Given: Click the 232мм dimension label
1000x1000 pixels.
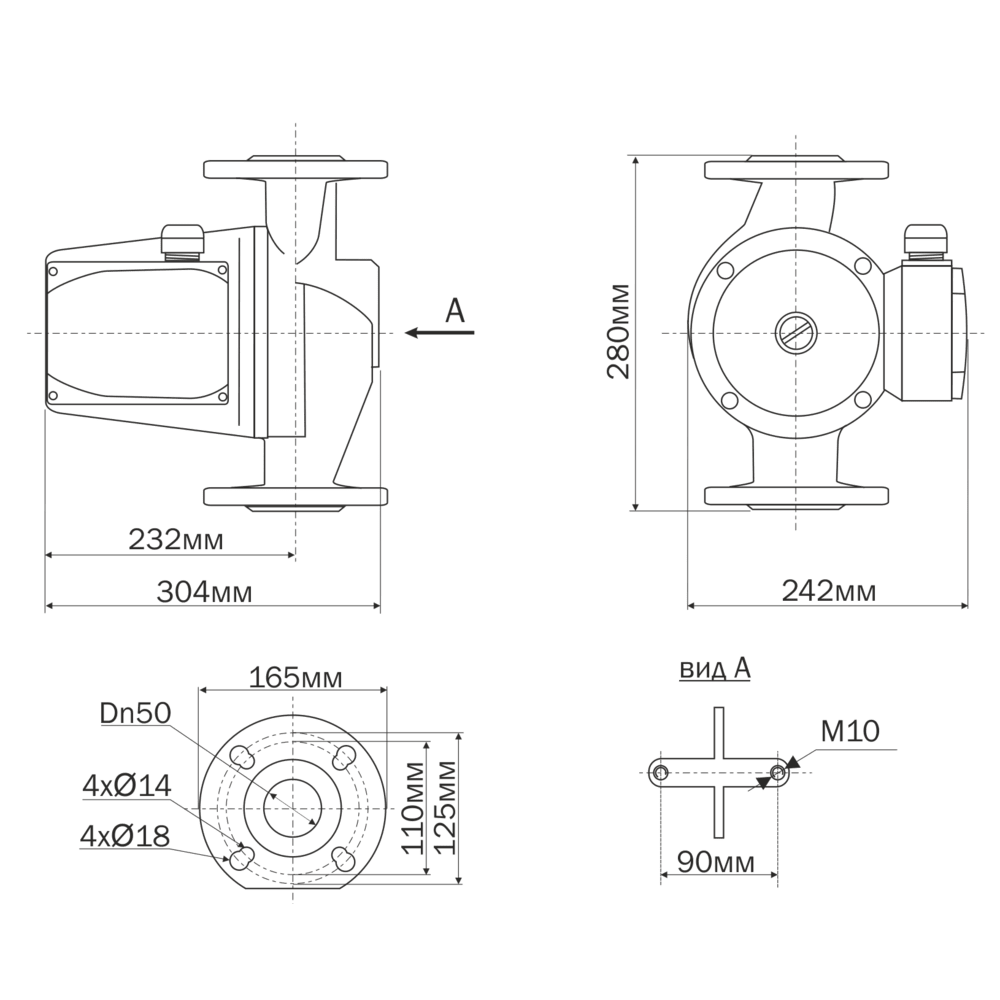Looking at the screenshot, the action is pyautogui.click(x=176, y=540).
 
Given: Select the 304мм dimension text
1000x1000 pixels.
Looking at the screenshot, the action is pyautogui.click(x=205, y=592).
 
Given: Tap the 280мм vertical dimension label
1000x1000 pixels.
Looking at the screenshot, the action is pyautogui.click(x=618, y=331).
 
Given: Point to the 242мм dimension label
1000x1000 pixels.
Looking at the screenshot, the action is pyautogui.click(x=829, y=591).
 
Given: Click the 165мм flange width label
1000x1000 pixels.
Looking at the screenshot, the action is pyautogui.click(x=295, y=677).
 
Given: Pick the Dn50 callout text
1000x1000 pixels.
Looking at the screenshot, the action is pyautogui.click(x=136, y=714).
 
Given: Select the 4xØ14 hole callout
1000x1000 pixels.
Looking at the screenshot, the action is pyautogui.click(x=127, y=786).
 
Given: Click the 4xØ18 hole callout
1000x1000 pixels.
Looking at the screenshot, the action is pyautogui.click(x=126, y=836).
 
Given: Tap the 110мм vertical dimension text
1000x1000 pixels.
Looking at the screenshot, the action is pyautogui.click(x=413, y=807).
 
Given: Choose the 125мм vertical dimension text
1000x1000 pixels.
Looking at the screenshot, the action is pyautogui.click(x=445, y=807).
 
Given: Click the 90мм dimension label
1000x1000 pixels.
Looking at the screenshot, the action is pyautogui.click(x=716, y=862).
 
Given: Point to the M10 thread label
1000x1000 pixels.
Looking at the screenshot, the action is pyautogui.click(x=849, y=732).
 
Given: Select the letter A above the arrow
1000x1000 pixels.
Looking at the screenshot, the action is pyautogui.click(x=455, y=311).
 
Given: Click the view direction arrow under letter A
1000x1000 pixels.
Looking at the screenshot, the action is pyautogui.click(x=440, y=332).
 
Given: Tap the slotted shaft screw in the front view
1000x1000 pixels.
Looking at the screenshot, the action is pyautogui.click(x=796, y=332).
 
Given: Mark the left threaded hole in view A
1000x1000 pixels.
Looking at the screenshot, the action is pyautogui.click(x=660, y=773).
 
